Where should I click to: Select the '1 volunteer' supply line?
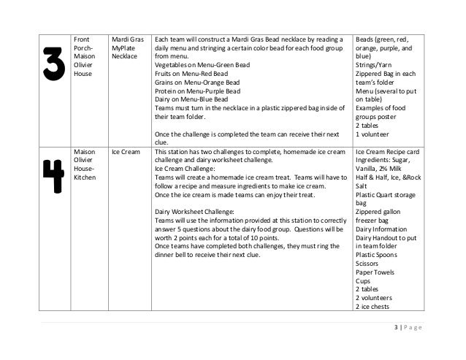coord(373,134)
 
